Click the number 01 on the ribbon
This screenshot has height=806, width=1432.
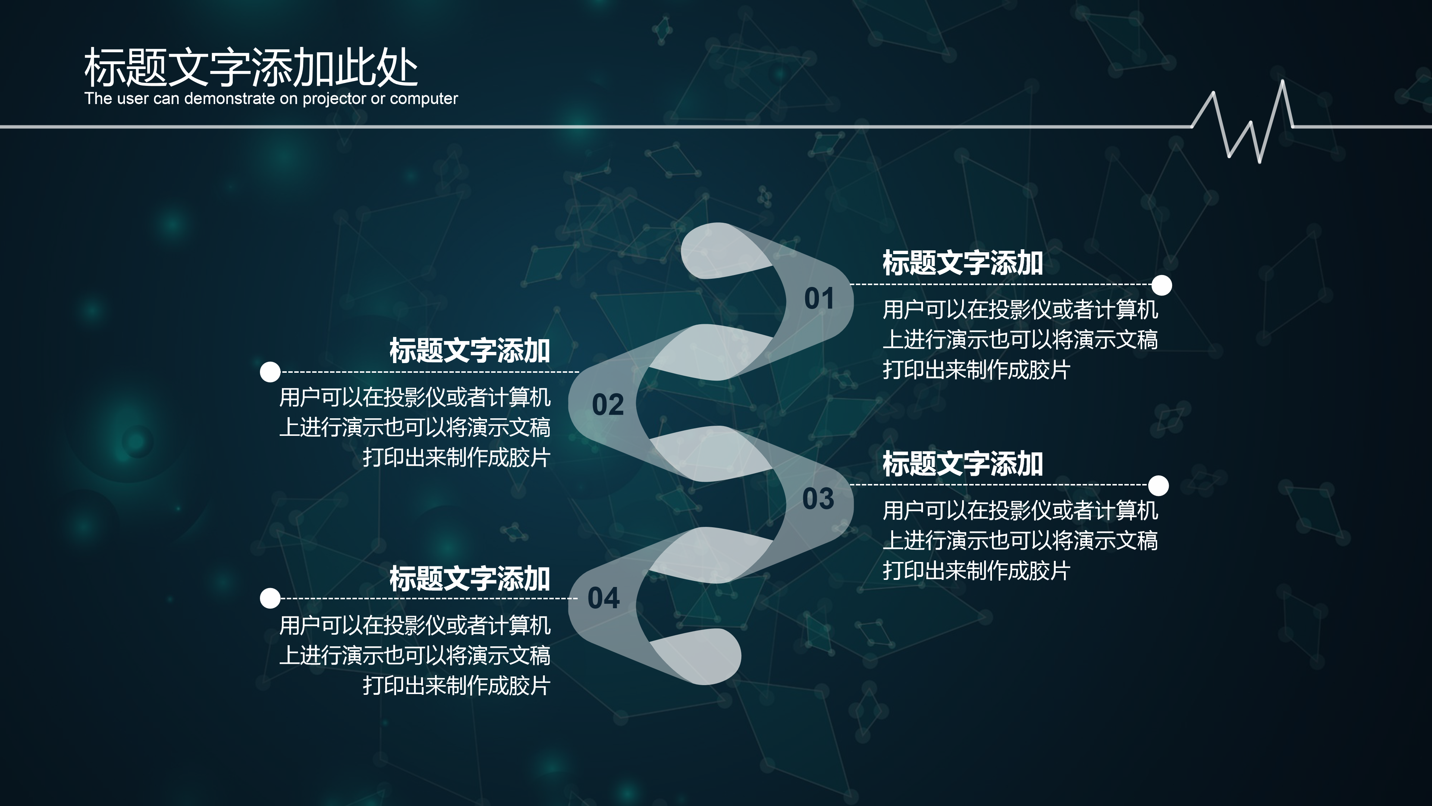pos(819,299)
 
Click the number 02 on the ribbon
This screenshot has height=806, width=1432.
pos(607,404)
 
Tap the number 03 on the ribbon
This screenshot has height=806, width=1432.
pos(818,499)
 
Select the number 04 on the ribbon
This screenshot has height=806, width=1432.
pos(603,598)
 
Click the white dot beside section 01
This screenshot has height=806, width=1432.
pos(1161,285)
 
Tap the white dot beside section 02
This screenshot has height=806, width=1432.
pos(270,372)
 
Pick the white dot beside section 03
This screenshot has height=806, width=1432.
pos(1159,485)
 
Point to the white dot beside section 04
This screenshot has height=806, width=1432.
pos(270,599)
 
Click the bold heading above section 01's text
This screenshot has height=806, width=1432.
pos(962,263)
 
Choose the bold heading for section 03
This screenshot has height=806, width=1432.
pos(962,464)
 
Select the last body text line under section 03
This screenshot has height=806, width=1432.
pos(976,571)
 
